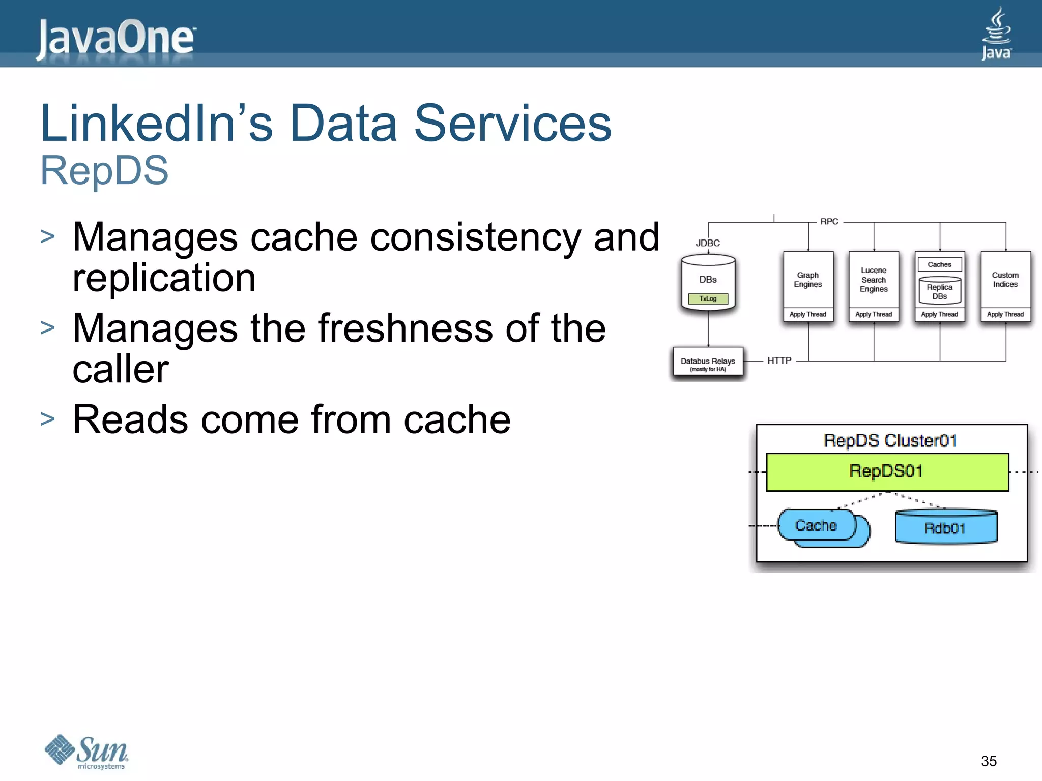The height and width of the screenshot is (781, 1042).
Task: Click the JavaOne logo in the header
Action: (116, 38)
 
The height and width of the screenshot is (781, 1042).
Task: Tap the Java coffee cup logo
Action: (996, 34)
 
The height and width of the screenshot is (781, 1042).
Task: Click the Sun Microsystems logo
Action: (86, 752)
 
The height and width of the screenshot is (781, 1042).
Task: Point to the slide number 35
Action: (989, 761)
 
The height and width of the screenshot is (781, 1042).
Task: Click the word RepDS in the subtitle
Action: (104, 170)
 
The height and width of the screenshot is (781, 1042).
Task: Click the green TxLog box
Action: (708, 299)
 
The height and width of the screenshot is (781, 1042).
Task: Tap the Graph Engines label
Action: (808, 280)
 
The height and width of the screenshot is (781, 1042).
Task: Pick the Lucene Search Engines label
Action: (874, 280)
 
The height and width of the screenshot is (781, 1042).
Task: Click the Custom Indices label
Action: (1005, 280)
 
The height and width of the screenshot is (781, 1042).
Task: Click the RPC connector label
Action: (829, 222)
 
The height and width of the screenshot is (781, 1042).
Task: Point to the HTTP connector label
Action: (779, 361)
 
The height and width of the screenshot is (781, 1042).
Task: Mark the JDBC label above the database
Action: (708, 243)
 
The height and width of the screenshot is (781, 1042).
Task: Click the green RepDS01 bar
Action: (887, 472)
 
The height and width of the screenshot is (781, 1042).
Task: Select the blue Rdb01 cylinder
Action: (945, 528)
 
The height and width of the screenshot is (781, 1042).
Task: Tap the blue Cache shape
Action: (817, 526)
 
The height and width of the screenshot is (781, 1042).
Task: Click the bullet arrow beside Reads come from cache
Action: (47, 419)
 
